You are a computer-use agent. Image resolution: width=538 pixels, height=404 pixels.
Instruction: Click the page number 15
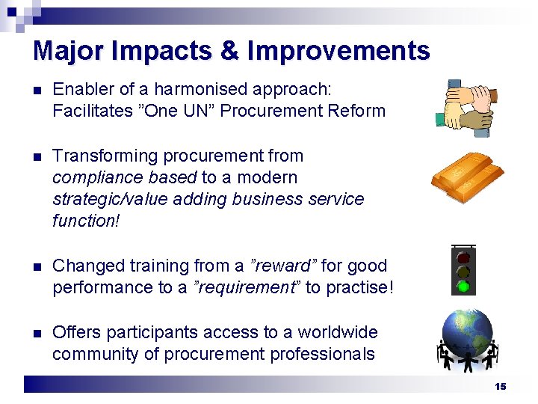coord(500,387)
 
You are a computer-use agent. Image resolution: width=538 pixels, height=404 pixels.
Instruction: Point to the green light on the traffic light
coord(463,286)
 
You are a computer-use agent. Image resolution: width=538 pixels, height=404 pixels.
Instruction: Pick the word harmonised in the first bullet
coord(199,90)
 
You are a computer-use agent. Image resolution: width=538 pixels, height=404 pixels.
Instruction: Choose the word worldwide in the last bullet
coord(337,332)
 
